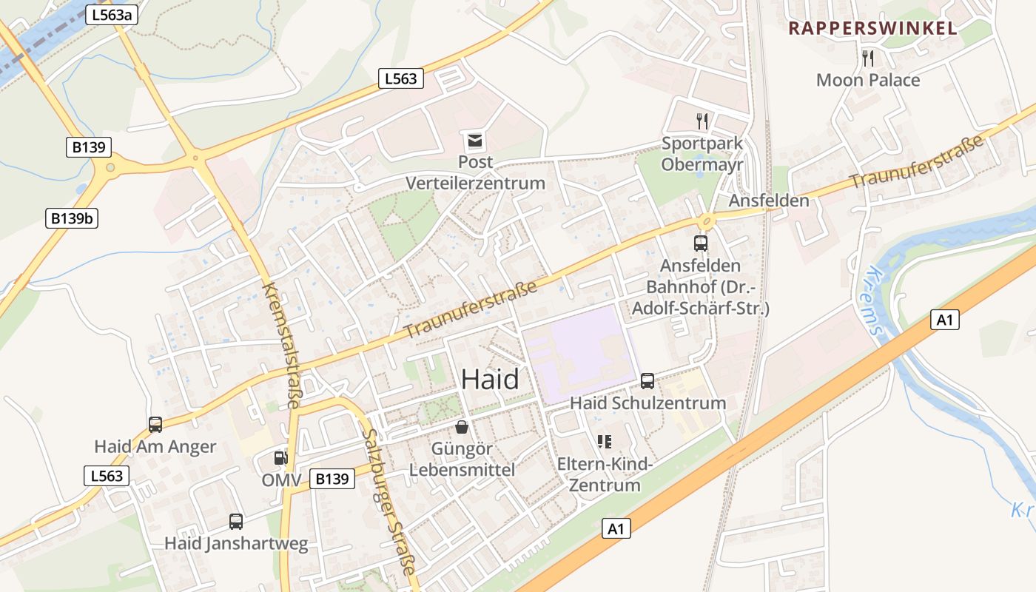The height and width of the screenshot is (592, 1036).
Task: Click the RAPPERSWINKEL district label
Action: tap(872, 29)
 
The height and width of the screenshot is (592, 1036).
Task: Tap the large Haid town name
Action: tap(490, 380)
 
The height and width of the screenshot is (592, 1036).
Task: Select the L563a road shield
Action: tap(112, 15)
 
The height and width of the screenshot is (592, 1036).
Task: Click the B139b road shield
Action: tap(73, 218)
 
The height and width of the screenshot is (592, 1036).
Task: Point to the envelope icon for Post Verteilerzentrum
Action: tap(474, 140)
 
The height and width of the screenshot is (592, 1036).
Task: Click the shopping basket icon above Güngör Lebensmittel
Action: tap(462, 427)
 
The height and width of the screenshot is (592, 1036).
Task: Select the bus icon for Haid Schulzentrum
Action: tap(647, 381)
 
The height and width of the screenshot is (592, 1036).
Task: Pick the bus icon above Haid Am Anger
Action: tap(155, 425)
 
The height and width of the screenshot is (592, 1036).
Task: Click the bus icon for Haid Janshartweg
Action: tap(236, 522)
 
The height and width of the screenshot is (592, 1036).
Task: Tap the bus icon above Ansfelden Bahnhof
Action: tap(700, 243)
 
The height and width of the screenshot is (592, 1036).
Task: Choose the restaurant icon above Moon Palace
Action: tap(868, 58)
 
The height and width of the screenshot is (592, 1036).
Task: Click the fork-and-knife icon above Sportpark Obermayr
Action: tap(702, 121)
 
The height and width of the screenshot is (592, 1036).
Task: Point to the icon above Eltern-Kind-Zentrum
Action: tap(605, 442)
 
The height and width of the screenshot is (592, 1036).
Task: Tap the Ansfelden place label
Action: tap(769, 201)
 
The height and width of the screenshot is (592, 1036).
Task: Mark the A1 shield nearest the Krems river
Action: tap(944, 320)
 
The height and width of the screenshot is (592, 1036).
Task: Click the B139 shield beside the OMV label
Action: tap(332, 479)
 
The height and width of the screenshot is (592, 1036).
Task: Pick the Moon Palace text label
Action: tap(868, 80)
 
